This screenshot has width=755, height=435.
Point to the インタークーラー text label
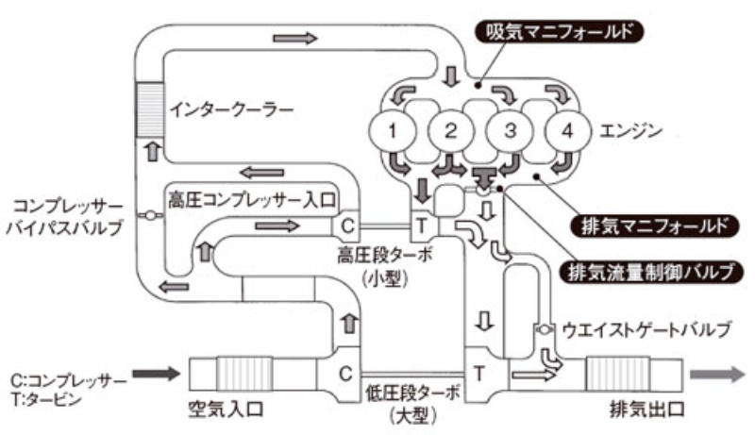point(232,109)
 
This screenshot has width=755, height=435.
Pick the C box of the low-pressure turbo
point(347,372)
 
